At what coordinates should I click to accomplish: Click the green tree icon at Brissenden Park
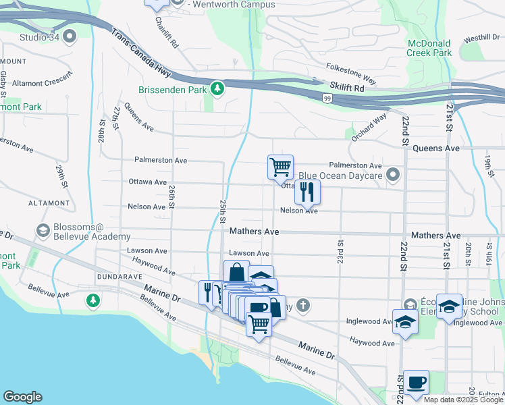click(x=217, y=88)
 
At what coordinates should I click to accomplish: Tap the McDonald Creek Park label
click(x=429, y=47)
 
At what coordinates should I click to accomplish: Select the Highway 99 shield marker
click(x=326, y=99)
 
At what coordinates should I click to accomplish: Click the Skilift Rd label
click(x=347, y=88)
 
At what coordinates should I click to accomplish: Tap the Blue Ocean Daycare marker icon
click(x=394, y=175)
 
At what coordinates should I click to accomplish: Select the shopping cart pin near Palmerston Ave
click(x=280, y=166)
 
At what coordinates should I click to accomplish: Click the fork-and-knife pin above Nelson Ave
click(x=307, y=192)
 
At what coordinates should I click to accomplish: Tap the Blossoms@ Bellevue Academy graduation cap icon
click(x=43, y=231)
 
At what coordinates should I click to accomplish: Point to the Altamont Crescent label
click(x=41, y=83)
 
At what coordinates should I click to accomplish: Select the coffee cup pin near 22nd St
click(x=416, y=382)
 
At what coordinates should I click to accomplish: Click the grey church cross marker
click(x=304, y=306)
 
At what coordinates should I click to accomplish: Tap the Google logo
click(x=22, y=397)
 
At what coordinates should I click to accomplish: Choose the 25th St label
click(x=222, y=211)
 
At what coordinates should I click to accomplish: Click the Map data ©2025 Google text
click(x=462, y=400)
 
